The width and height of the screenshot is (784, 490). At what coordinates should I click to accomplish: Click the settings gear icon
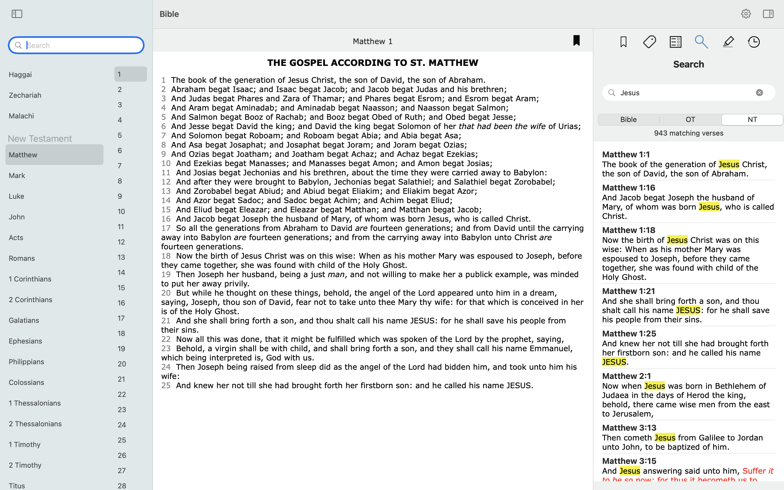pos(746,14)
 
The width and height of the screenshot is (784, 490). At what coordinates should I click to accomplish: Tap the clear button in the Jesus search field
pos(759,93)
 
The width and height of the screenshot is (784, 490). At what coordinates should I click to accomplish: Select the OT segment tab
pos(690,120)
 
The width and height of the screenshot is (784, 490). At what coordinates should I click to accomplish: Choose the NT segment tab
pos(752,120)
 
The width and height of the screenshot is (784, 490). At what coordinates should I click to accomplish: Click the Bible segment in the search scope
pos(628,120)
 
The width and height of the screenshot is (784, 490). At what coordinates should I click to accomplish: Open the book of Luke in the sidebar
pos(17,196)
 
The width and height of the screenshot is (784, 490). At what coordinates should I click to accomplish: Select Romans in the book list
pos(22,258)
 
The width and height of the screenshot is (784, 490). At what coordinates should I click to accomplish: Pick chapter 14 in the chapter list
pos(121,272)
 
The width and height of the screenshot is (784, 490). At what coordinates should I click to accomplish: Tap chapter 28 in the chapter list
pos(122,485)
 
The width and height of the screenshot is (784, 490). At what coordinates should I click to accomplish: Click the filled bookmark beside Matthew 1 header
pos(576,41)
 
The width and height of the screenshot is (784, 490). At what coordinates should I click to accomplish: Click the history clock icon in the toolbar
pos(754,42)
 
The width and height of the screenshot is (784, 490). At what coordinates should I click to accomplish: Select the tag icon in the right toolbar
pos(649,42)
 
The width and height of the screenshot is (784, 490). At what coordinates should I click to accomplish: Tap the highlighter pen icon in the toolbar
pos(728,42)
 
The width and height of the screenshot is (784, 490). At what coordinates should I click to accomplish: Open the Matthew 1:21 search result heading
pos(629,291)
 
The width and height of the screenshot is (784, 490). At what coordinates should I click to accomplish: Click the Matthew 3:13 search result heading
pos(629,428)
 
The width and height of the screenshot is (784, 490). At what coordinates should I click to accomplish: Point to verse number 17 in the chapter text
pos(166,228)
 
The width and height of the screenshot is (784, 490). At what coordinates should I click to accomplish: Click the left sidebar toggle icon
pos(17,14)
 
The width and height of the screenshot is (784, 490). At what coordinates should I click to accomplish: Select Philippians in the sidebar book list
pos(26,362)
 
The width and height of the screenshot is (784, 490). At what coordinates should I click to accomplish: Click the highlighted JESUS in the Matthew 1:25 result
pos(614,362)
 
